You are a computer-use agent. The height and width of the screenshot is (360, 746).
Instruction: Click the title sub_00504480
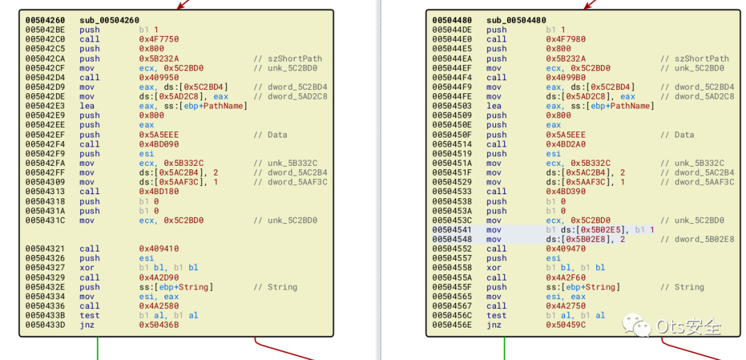coord(516,20)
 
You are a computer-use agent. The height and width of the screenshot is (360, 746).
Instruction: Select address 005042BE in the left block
coord(45,30)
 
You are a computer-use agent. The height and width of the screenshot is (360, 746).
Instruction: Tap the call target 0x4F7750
coord(158,39)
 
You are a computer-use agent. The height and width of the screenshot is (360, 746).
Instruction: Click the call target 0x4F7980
coord(565,39)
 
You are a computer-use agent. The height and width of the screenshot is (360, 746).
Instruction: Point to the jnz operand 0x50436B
coord(158,325)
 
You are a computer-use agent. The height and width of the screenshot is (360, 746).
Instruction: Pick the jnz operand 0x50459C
coord(565,325)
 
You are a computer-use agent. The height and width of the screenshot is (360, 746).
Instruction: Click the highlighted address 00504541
coord(452,229)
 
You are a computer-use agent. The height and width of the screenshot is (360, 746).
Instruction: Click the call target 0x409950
coord(158,77)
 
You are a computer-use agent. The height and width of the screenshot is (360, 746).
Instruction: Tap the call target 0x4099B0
coord(565,77)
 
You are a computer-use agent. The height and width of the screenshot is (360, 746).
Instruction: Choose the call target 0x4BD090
coord(158,144)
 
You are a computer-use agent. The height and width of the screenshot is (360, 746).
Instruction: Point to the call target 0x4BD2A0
coord(565,144)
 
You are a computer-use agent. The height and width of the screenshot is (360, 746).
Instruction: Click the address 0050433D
coord(45,325)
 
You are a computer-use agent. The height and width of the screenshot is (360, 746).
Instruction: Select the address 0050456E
coord(452,325)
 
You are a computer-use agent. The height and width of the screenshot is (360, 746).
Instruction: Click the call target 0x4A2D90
coord(158,277)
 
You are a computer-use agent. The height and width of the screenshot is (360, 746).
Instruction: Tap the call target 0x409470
coord(565,249)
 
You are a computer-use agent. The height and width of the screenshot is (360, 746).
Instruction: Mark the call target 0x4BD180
coord(158,191)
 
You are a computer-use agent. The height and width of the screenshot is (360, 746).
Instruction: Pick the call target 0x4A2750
coord(565,305)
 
